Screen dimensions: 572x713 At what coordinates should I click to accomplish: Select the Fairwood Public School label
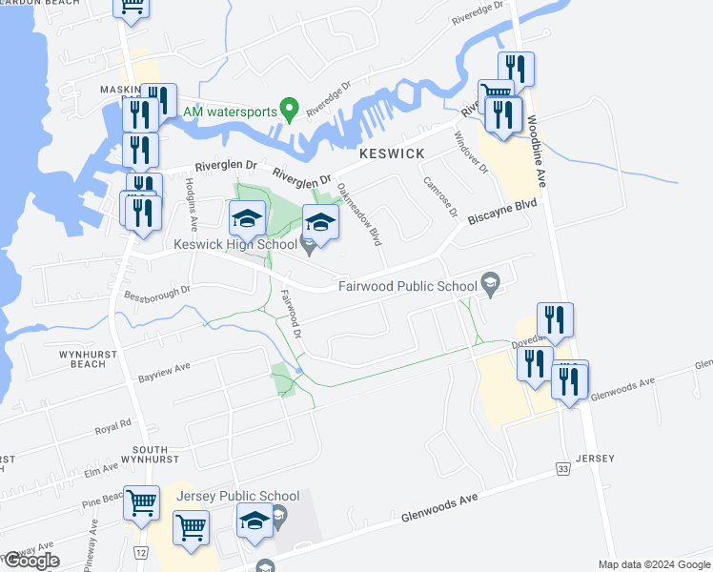coord(408,286)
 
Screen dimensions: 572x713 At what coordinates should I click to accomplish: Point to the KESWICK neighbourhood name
coord(389,153)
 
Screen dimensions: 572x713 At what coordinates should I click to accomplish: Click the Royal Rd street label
coord(112,426)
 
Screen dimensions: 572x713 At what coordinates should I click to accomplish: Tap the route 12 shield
coord(141,553)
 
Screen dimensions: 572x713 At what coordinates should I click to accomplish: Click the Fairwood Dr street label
coord(291,319)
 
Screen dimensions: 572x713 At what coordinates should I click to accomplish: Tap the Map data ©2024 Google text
coord(654,564)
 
